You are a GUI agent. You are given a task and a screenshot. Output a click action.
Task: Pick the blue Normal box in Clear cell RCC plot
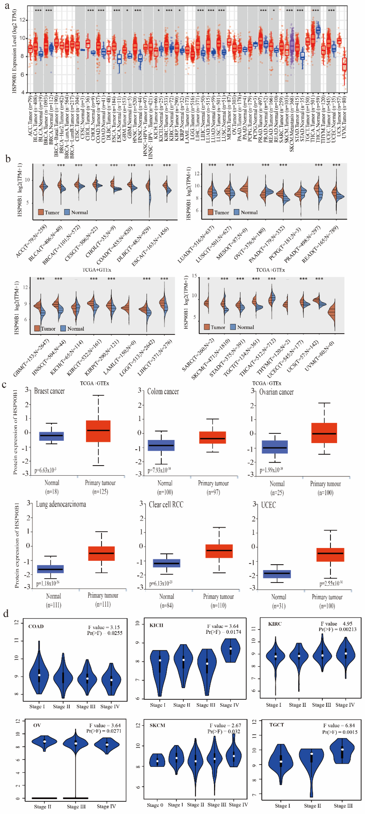(x=167, y=563)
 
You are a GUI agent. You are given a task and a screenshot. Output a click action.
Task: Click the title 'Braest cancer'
(x=49, y=391)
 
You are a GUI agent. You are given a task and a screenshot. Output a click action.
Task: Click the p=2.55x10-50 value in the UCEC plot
(x=331, y=583)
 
